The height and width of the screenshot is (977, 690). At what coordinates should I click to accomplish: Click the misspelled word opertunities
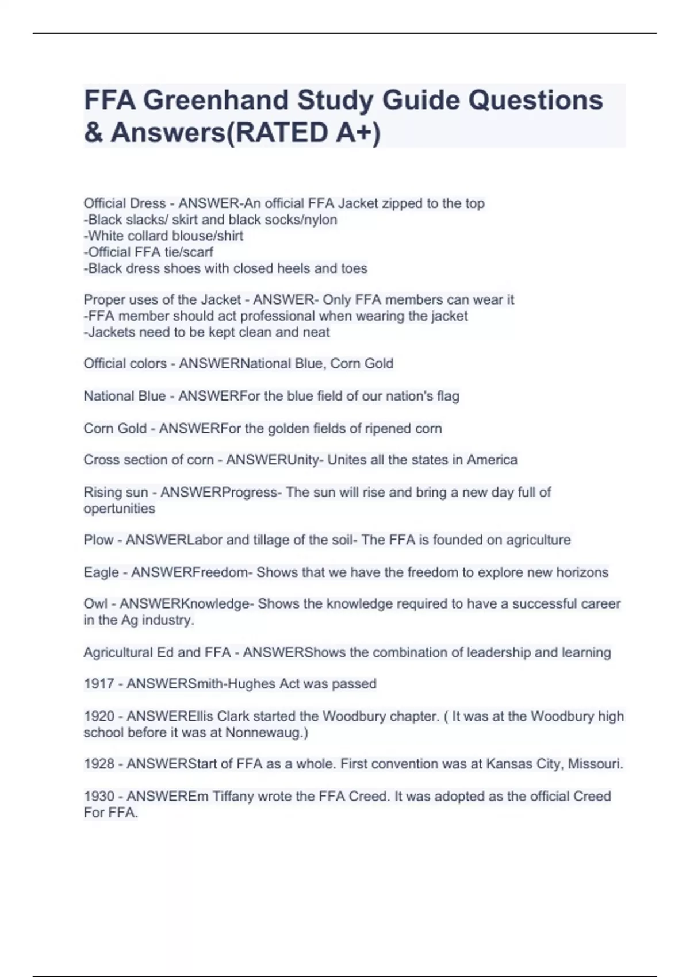[x=119, y=509]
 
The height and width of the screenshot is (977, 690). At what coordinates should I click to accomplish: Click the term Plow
[x=98, y=540]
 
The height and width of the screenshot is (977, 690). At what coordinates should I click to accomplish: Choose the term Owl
[x=95, y=604]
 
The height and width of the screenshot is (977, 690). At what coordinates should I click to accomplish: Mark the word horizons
[x=582, y=572]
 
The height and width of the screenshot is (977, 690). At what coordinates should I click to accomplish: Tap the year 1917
[x=98, y=684]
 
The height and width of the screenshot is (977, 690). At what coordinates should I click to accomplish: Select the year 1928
[x=98, y=764]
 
